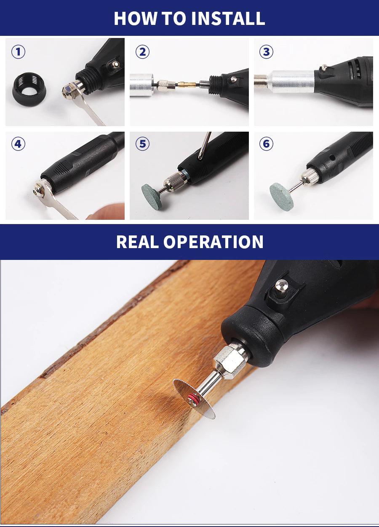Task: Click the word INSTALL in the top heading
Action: (228, 19)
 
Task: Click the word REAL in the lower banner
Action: (137, 242)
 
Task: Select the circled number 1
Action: (18, 52)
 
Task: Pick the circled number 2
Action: (143, 52)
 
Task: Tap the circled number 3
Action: (266, 52)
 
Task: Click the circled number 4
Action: (18, 144)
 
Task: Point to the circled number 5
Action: (143, 144)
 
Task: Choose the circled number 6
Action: (266, 144)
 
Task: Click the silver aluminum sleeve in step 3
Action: (291, 81)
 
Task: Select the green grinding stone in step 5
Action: (152, 197)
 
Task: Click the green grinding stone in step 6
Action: (282, 196)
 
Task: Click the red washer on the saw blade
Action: (192, 399)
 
